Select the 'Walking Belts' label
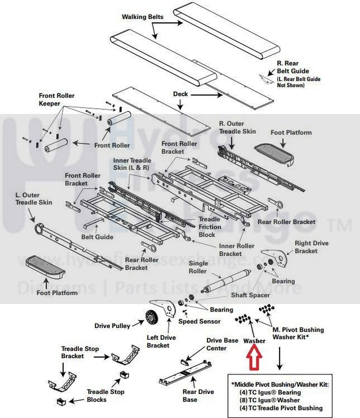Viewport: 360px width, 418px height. tap(143, 17)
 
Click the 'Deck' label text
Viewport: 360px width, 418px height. tap(181, 94)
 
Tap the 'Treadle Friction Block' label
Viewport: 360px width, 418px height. tap(210, 227)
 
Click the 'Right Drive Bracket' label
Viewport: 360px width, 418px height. tap(312, 247)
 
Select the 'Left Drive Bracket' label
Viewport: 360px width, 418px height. tap(158, 341)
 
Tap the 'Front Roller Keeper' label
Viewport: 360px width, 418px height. tap(56, 100)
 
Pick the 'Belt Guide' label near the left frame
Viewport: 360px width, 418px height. tap(97, 237)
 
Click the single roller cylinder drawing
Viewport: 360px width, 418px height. tap(228, 280)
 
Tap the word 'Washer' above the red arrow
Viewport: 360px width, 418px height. tap(254, 341)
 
